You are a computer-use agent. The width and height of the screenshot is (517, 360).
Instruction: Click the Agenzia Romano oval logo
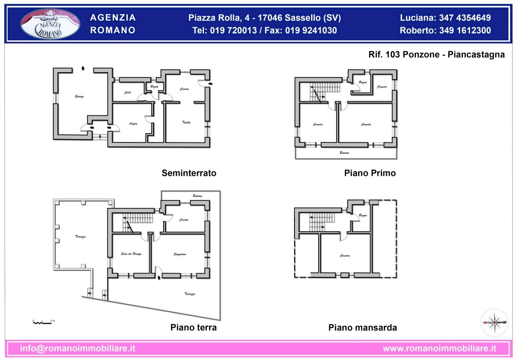tap(50, 24)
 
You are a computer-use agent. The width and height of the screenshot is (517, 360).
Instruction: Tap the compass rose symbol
tap(494, 322)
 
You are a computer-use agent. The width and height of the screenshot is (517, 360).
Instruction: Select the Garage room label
tap(79, 96)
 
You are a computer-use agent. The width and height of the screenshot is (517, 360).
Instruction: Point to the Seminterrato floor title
tap(189, 173)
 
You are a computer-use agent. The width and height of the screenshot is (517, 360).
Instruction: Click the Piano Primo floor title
tap(370, 173)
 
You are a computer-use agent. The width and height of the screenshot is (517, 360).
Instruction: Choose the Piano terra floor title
tap(193, 327)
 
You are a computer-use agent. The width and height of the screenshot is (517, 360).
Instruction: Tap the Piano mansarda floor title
tap(363, 327)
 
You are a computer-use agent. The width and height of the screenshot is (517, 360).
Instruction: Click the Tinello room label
tap(186, 122)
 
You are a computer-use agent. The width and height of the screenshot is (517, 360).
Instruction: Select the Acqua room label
tap(133, 123)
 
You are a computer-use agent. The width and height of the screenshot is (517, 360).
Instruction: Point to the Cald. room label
tap(128, 93)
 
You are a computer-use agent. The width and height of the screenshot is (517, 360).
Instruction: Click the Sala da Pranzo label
tap(131, 254)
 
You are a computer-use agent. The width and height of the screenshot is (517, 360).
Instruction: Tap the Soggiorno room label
tap(180, 254)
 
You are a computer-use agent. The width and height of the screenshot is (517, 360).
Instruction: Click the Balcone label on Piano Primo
tap(344, 153)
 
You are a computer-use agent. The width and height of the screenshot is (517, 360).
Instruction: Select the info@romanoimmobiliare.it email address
tap(78, 348)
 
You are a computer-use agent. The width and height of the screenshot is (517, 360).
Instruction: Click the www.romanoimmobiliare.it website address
tap(439, 348)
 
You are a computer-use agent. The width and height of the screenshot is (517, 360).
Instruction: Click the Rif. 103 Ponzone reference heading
tap(437, 55)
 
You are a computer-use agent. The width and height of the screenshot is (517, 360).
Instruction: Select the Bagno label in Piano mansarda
tap(363, 216)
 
